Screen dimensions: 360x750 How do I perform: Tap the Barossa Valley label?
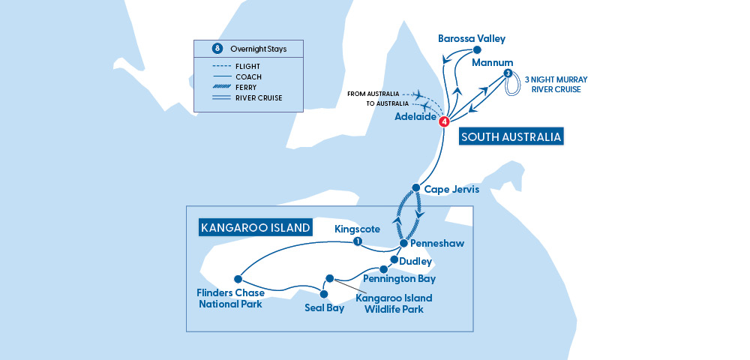(472, 38)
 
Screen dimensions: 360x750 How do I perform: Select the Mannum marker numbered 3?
(508, 73)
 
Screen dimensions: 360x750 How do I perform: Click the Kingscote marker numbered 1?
(358, 241)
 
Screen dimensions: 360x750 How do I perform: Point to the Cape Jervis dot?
(415, 187)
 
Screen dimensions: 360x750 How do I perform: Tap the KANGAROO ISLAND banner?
(254, 226)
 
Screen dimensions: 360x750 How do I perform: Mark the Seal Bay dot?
(325, 293)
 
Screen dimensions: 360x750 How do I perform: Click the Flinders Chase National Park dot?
(238, 277)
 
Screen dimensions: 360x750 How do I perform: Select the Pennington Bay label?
(399, 278)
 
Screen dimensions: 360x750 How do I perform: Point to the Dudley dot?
(394, 260)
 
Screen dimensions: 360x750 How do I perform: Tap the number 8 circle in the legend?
(217, 49)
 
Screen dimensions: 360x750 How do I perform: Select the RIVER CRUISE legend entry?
(259, 97)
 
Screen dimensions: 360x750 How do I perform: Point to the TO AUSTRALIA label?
(387, 103)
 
